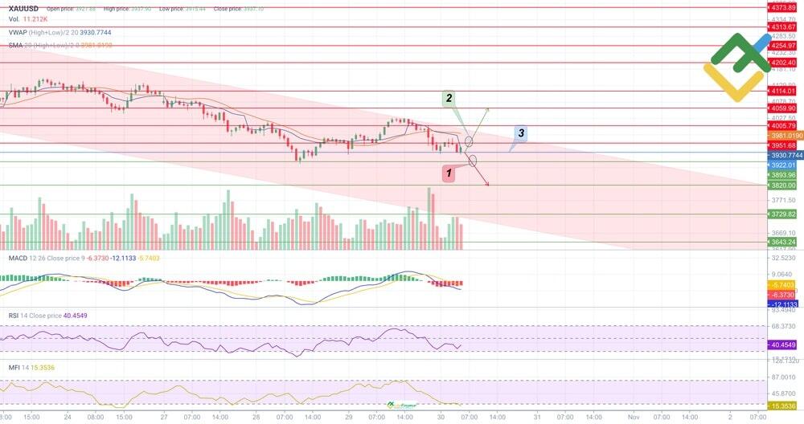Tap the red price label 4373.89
coord(781,7)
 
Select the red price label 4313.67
coord(781,26)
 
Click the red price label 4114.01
coord(781,92)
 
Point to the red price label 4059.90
coord(781,108)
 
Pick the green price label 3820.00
coord(781,185)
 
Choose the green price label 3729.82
coord(781,214)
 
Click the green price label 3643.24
coord(781,242)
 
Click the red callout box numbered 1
coord(449,173)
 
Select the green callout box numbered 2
coord(449,98)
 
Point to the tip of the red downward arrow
coord(489,185)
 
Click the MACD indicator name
coord(19,258)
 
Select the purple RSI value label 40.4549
coord(781,344)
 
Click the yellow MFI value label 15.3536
coord(781,406)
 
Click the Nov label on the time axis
coord(634,418)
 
